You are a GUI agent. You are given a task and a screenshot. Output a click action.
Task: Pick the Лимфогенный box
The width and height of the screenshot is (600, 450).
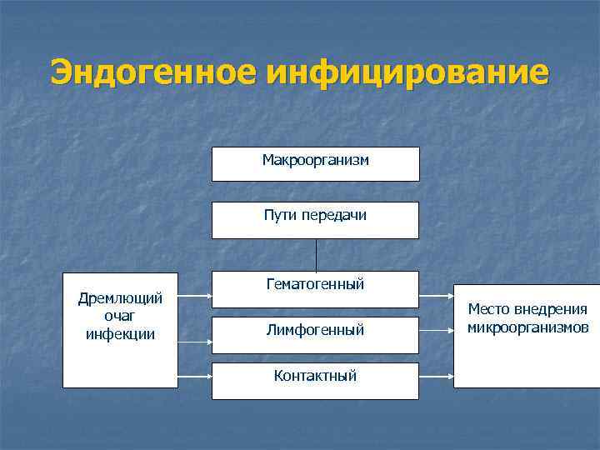[x=315, y=332]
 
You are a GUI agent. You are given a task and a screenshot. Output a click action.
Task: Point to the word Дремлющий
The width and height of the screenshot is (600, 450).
[x=120, y=298]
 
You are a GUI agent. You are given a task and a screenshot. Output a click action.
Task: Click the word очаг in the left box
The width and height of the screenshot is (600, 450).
[x=120, y=317]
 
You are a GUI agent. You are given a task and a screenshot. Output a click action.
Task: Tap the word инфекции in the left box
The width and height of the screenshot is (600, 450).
[x=120, y=335]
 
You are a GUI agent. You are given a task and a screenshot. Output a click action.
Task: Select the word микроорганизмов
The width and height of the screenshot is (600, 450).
[x=527, y=327]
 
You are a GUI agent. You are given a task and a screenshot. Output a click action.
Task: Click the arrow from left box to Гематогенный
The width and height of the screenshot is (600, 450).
[x=194, y=295]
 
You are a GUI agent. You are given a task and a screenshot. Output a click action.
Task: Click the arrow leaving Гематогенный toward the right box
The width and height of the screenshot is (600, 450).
[x=436, y=295]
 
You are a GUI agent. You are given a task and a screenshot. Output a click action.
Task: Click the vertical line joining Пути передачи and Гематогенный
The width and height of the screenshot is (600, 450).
[x=316, y=255]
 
